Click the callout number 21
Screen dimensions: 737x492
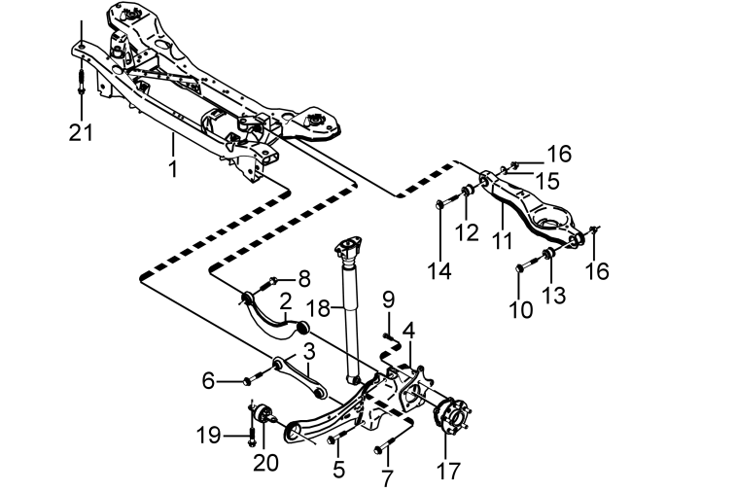[81, 132]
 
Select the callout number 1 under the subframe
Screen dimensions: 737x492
[173, 168]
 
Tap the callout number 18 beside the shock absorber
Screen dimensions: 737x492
[318, 308]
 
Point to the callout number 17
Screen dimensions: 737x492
[448, 471]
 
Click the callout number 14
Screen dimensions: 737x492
[439, 271]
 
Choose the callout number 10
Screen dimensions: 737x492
[521, 309]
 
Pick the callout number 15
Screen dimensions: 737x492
[547, 181]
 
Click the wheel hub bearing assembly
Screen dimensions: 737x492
[451, 414]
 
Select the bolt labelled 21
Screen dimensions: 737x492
[81, 82]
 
